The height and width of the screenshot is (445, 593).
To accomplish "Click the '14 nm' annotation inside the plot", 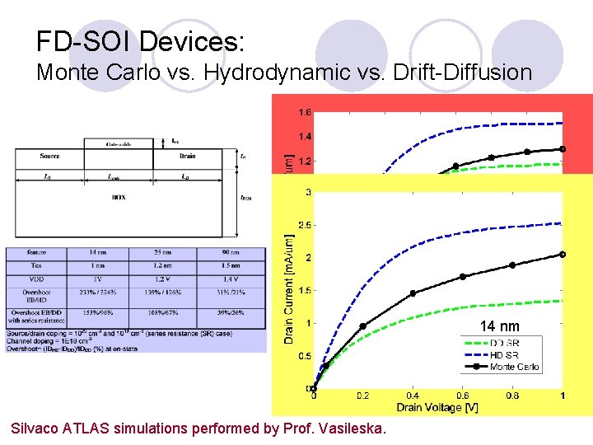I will tap(500, 326).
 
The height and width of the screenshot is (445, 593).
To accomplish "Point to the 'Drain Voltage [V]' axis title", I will tap(437, 407).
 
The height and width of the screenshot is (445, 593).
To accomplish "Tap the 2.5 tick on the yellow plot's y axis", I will tap(304, 225).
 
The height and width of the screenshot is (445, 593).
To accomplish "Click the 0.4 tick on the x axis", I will tap(413, 396).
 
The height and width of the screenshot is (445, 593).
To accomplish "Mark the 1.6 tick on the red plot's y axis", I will tap(305, 112).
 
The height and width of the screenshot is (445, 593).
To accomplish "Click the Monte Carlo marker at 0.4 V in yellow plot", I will tap(413, 293).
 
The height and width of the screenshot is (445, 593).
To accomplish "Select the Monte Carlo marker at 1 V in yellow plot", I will tap(563, 254).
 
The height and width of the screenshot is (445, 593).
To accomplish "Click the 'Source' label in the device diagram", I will tap(49, 156).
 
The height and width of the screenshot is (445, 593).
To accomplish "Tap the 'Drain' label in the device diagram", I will tap(187, 156).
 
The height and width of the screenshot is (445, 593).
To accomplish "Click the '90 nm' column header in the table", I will tap(230, 252).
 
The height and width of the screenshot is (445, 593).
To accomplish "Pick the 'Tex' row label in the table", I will tap(35, 266).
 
